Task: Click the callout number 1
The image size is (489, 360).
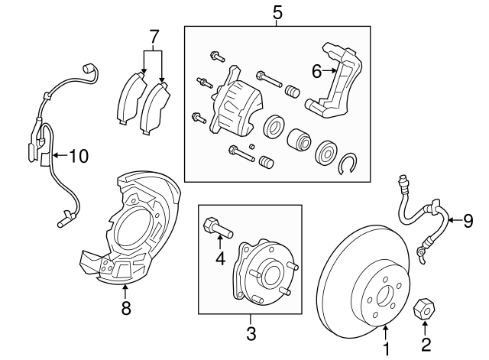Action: pyautogui.click(x=386, y=349)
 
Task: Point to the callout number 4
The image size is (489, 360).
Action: pyautogui.click(x=220, y=258)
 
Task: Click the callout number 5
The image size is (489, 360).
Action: pyautogui.click(x=277, y=11)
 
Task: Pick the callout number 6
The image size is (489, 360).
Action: pyautogui.click(x=316, y=71)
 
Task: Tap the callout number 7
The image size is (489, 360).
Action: pyautogui.click(x=154, y=35)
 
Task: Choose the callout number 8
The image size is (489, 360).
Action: pyautogui.click(x=126, y=308)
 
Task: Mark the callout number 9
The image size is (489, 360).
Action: pyautogui.click(x=468, y=221)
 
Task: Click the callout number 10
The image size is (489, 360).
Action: pyautogui.click(x=78, y=157)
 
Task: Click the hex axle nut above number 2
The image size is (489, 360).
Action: pyautogui.click(x=424, y=310)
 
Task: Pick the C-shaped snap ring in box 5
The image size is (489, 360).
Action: pyautogui.click(x=349, y=164)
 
